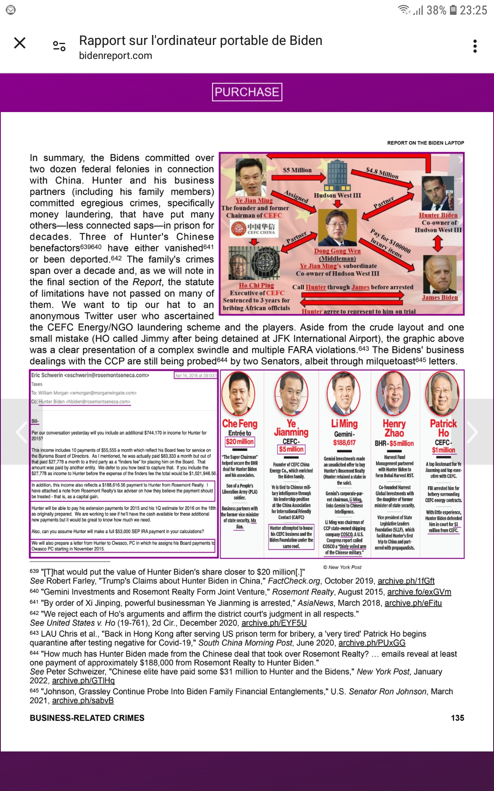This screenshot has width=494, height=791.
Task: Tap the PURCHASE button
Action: [247, 92]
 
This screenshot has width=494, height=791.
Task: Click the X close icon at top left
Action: [20, 43]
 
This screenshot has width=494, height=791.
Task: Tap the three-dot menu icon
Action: [475, 46]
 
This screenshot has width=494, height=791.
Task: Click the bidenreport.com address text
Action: [116, 56]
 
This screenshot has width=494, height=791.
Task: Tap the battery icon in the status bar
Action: [453, 10]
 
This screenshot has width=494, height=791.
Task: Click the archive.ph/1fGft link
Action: [406, 581]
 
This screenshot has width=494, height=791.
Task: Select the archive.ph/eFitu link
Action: [413, 603]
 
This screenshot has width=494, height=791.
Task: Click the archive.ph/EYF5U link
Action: [274, 623]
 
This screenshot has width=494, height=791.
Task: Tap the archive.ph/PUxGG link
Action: [372, 643]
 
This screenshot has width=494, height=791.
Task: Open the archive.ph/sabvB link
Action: [83, 700]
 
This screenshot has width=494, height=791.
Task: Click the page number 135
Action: [457, 718]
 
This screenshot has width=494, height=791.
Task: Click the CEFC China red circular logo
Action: [239, 228]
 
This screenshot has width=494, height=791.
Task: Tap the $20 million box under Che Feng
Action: [240, 442]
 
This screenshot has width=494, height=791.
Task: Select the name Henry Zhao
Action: [394, 428]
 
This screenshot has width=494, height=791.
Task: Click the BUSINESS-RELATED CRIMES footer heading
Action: [87, 718]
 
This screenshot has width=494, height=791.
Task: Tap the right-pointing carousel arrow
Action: [472, 432]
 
